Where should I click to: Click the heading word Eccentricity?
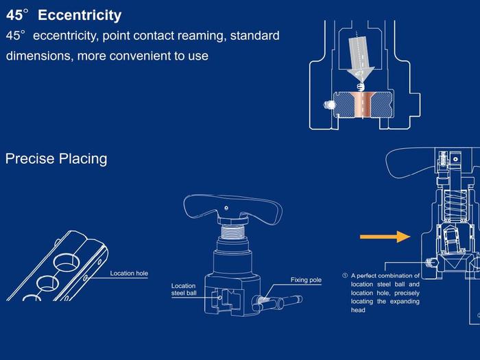click(x=80, y=15)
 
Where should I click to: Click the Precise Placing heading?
click(x=56, y=158)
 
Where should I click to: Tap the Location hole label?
click(x=129, y=274)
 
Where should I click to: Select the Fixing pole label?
click(x=306, y=280)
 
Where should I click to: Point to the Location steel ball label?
click(x=183, y=289)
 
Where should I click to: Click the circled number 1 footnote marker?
click(x=344, y=276)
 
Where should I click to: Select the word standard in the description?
click(x=254, y=35)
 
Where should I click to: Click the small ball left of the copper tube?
click(x=328, y=105)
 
